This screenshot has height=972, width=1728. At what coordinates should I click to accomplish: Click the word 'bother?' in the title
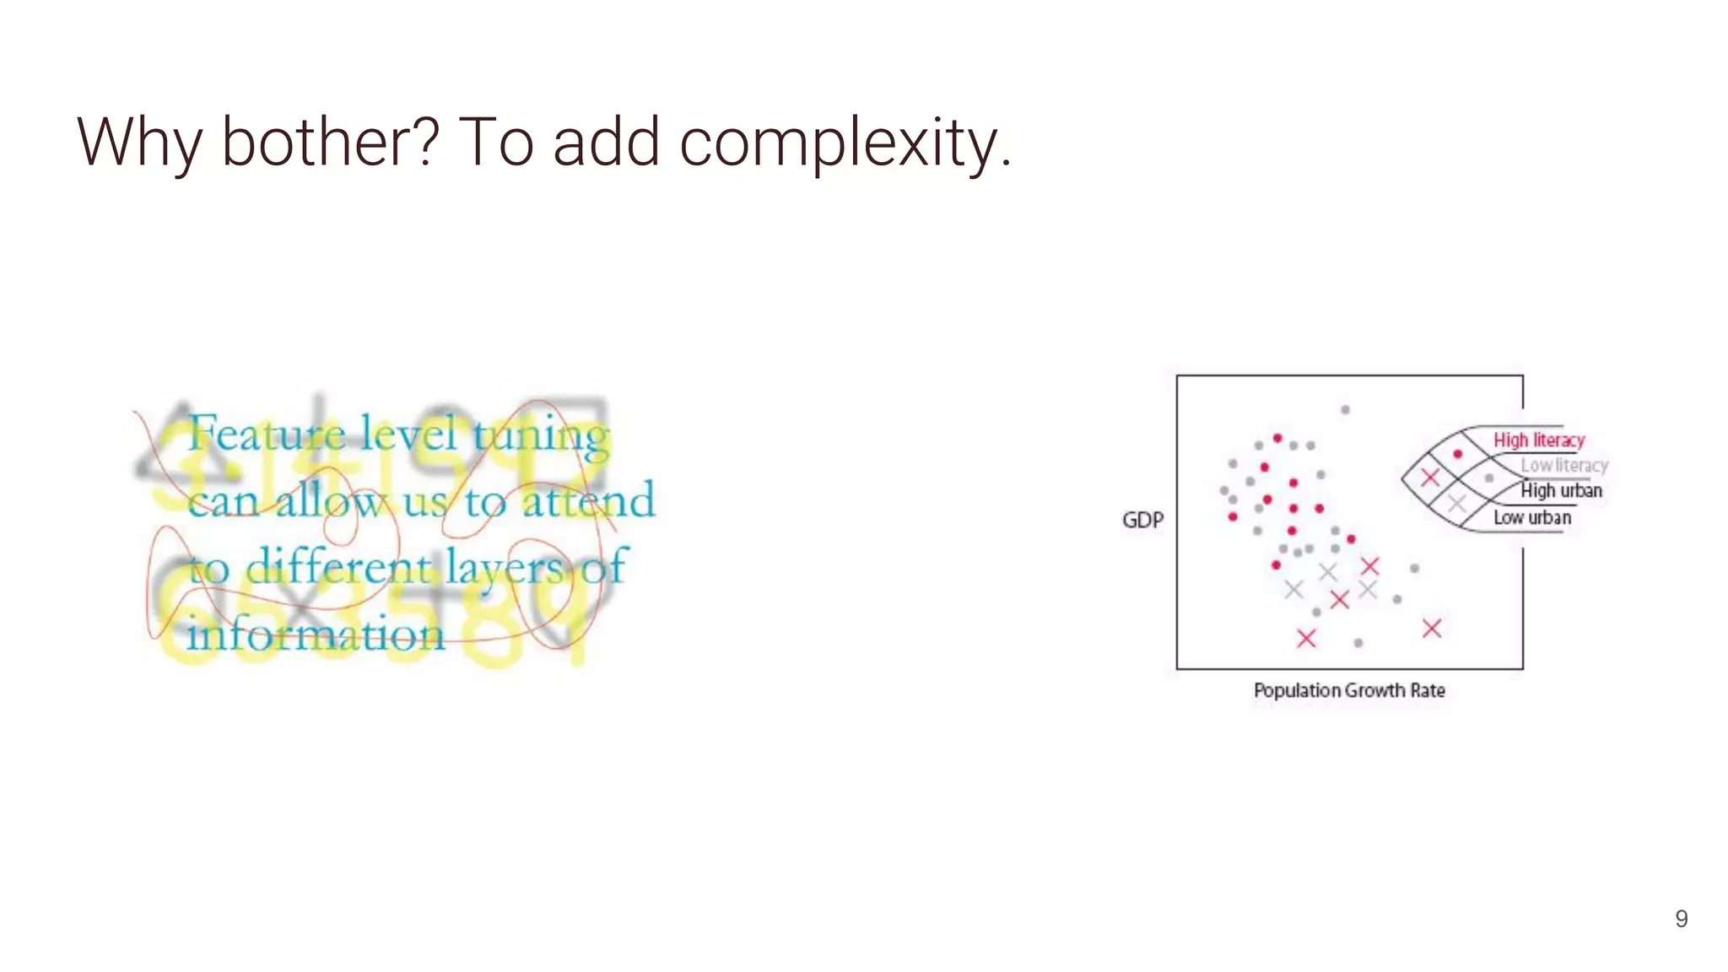point(330,142)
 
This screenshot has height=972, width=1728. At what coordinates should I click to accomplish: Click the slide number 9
point(1681,919)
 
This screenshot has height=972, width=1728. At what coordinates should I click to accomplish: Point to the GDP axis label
point(1142,520)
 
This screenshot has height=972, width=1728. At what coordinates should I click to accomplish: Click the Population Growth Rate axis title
point(1348,690)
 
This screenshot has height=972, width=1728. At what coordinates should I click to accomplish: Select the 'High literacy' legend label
point(1538,440)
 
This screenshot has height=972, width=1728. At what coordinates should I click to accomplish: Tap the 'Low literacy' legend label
point(1563,466)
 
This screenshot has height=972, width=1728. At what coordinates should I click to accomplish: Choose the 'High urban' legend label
point(1560,491)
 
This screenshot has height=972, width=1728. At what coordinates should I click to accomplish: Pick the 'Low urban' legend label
point(1531,517)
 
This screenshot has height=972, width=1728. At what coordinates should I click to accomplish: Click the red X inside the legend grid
point(1429,478)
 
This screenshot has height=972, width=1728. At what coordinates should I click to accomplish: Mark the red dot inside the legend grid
point(1457,454)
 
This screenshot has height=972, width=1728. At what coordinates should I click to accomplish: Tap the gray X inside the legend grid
point(1456,504)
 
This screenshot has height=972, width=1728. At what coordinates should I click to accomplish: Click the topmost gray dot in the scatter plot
point(1345,410)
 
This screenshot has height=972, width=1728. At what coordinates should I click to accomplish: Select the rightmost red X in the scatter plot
point(1432,628)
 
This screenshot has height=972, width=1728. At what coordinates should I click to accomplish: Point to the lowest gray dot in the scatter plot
point(1358,643)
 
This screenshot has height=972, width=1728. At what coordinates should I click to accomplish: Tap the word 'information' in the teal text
point(316,634)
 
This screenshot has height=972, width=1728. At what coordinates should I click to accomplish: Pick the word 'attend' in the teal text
point(588,501)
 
